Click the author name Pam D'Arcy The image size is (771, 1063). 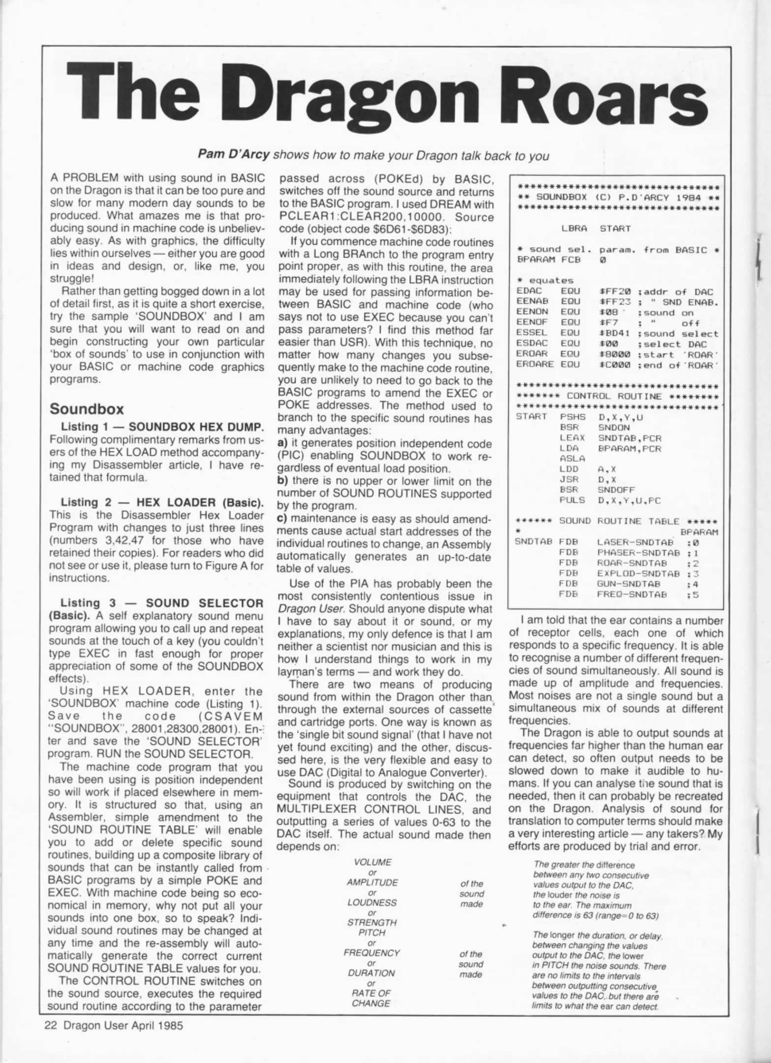point(234,155)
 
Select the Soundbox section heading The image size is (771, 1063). point(87,409)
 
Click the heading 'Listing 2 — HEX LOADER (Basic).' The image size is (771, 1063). point(162,502)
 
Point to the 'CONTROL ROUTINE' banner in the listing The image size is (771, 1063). point(617,396)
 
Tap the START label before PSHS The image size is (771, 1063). point(531,417)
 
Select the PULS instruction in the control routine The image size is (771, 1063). point(572,500)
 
